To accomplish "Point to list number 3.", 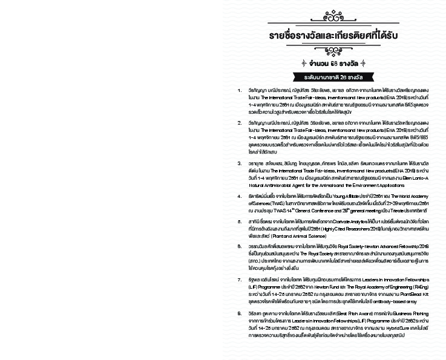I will tap(240, 163).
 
